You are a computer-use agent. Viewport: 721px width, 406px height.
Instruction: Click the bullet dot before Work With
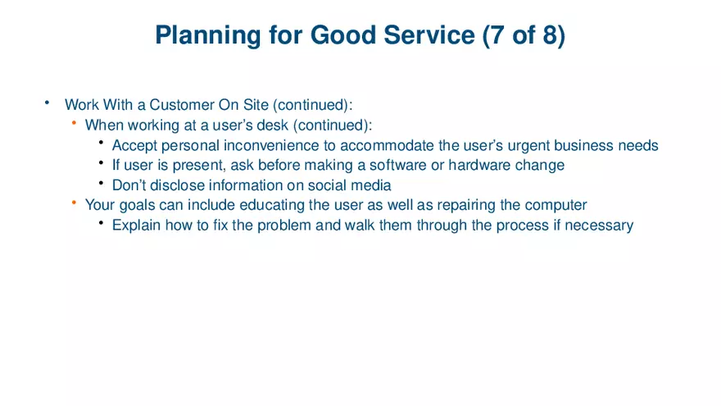click(48, 103)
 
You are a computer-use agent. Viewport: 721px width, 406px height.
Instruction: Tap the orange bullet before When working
click(74, 123)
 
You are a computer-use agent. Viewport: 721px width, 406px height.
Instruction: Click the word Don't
click(129, 185)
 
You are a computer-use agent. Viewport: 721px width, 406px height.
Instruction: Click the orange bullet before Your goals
click(74, 203)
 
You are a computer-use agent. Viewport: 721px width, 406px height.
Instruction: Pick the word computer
click(555, 204)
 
